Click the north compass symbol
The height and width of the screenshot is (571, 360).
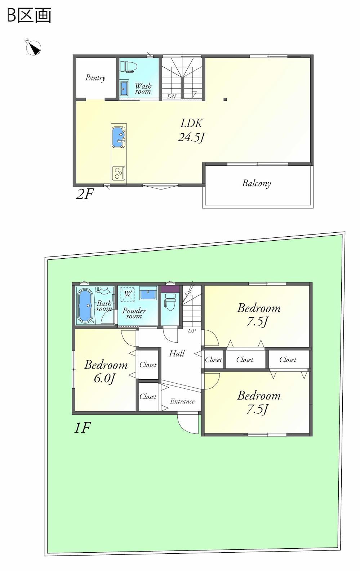pyautogui.click(x=34, y=48)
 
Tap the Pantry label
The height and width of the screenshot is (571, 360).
pyautogui.click(x=95, y=77)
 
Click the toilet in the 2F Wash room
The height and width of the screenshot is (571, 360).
pyautogui.click(x=128, y=67)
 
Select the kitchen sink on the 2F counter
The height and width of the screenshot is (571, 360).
pyautogui.click(x=119, y=137)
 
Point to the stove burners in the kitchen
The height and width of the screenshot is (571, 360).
pyautogui.click(x=119, y=173)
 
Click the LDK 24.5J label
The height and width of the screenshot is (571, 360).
pyautogui.click(x=191, y=130)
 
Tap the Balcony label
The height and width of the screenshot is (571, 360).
pyautogui.click(x=257, y=183)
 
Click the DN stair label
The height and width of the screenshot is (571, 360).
pyautogui.click(x=172, y=97)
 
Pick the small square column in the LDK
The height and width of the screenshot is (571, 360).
pyautogui.click(x=225, y=99)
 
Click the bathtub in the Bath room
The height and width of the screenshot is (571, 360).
pyautogui.click(x=85, y=305)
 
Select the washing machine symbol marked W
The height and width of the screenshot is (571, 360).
pyautogui.click(x=127, y=294)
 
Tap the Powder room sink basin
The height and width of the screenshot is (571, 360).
pyautogui.click(x=148, y=295)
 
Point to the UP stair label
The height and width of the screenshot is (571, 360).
pyautogui.click(x=192, y=331)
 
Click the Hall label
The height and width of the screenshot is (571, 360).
pyautogui.click(x=177, y=353)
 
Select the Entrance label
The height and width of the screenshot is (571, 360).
pyautogui.click(x=182, y=401)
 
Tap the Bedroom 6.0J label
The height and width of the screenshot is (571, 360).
pyautogui.click(x=106, y=371)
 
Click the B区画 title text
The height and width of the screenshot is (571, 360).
pyautogui.click(x=29, y=15)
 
